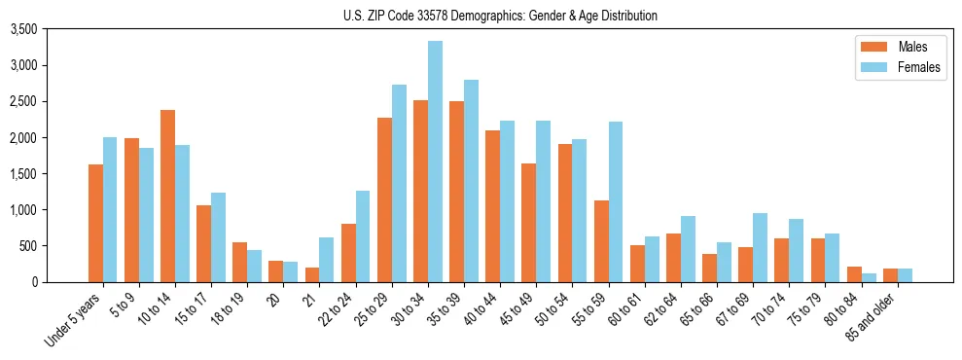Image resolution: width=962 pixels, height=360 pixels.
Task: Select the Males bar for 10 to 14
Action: [x=167, y=196]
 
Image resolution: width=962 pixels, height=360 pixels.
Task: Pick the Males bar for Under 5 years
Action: [x=95, y=223]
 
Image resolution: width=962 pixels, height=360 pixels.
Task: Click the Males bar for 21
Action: [x=312, y=274]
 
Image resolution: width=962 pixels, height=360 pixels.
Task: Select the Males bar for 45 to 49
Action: [x=529, y=223]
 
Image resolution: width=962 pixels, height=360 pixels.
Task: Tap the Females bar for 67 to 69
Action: [x=761, y=247]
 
